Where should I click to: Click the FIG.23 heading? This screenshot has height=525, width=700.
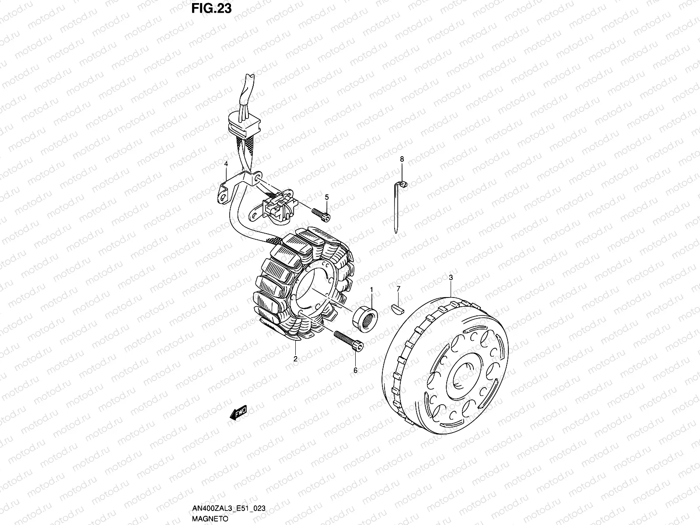point(211,8)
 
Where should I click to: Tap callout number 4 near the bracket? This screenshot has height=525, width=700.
point(226,164)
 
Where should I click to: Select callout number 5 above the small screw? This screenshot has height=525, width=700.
point(326,197)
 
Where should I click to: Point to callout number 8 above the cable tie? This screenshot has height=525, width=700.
point(402,159)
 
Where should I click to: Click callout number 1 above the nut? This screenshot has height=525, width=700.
point(372,290)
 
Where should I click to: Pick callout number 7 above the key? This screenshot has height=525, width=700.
point(398,289)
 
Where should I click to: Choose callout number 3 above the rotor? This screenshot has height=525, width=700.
point(451,278)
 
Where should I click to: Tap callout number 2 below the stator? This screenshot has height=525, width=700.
point(295,359)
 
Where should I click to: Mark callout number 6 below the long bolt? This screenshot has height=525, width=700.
point(355,371)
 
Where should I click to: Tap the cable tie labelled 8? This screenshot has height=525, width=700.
point(396,206)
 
